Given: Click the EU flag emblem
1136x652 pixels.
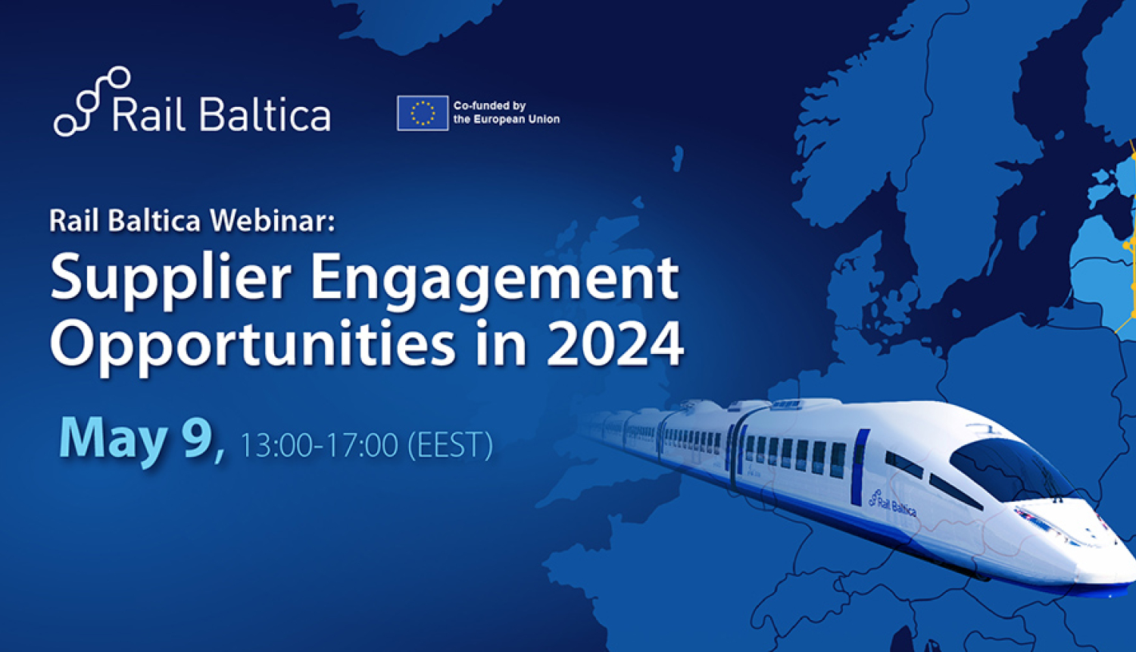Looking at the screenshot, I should pos(422,113).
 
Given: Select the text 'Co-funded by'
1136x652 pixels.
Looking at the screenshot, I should pos(489,105).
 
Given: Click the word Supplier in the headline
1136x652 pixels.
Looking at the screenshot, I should pos(170,278).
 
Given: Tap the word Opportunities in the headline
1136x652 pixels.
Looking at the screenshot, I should pos(253,345).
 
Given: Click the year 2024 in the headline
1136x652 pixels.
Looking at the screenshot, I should pos(615,345).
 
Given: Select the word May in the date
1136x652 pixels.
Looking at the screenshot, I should pos(114,438).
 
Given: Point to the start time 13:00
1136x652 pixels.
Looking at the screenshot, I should pos(276,445).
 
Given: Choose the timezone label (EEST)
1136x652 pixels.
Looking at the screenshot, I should pos(450,445).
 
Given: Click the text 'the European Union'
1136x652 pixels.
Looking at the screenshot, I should pos(506,119).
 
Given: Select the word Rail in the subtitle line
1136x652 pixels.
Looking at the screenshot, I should pos(75,221).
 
